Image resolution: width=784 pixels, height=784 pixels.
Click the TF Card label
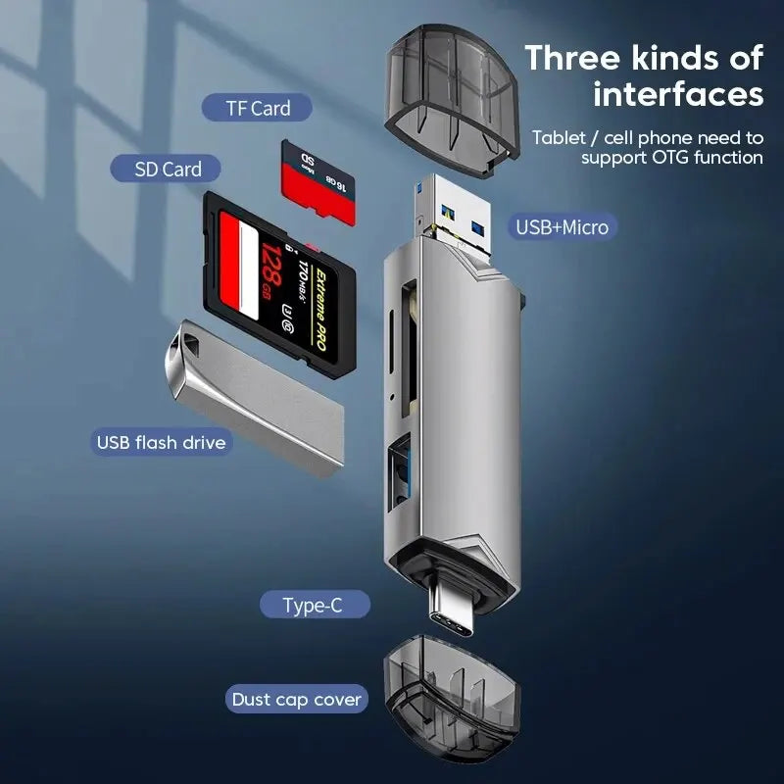click(258, 108)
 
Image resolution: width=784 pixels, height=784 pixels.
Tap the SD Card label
click(169, 169)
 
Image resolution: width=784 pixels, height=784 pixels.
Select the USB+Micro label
click(562, 227)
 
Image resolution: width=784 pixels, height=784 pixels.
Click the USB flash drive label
click(161, 442)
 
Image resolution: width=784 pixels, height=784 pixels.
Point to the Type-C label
click(313, 605)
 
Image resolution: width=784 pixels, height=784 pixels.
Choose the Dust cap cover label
click(296, 700)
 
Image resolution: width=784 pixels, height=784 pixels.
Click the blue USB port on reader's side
click(400, 473)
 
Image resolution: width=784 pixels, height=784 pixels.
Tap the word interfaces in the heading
click(677, 96)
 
